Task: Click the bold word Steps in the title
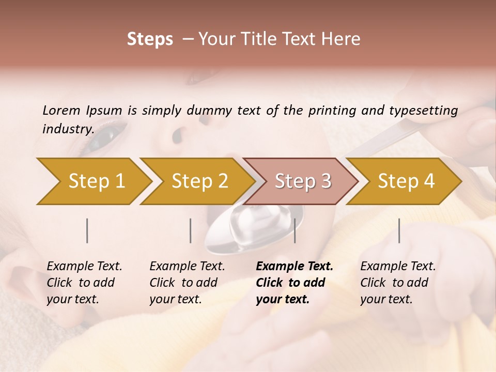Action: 150,39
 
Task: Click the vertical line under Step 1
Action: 87,230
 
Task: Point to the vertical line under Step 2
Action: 191,230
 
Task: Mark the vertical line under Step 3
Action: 295,230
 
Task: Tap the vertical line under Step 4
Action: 399,230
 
